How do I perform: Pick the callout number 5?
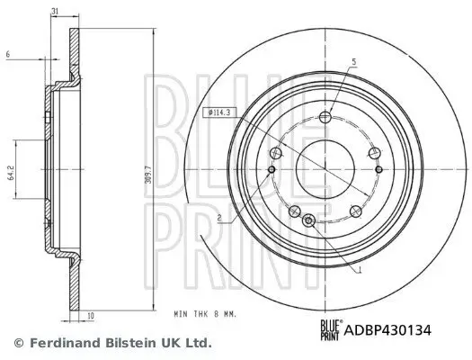[354, 60]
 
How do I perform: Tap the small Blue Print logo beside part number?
[329, 329]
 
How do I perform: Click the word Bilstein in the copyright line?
[116, 342]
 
